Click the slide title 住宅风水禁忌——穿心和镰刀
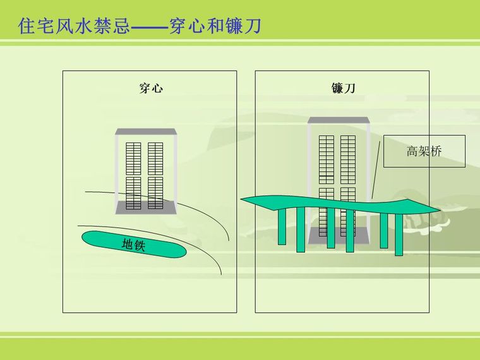point(140,26)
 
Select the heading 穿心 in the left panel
point(151,88)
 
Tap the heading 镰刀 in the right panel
point(343,88)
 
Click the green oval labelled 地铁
point(134,244)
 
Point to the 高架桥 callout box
point(424,151)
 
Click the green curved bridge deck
point(340,205)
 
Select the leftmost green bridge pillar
point(282,227)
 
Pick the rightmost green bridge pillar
point(399,235)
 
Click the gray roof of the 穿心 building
point(146,131)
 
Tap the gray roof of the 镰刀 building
point(339,120)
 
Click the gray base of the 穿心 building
point(146,207)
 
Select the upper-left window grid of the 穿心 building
point(133,159)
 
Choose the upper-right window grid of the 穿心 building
point(155,159)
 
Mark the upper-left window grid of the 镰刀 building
point(327,160)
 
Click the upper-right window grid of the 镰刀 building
point(348,160)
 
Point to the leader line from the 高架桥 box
point(376,170)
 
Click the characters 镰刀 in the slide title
point(244,26)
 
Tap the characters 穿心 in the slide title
point(187,26)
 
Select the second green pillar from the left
point(301,230)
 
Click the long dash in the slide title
point(150,28)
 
